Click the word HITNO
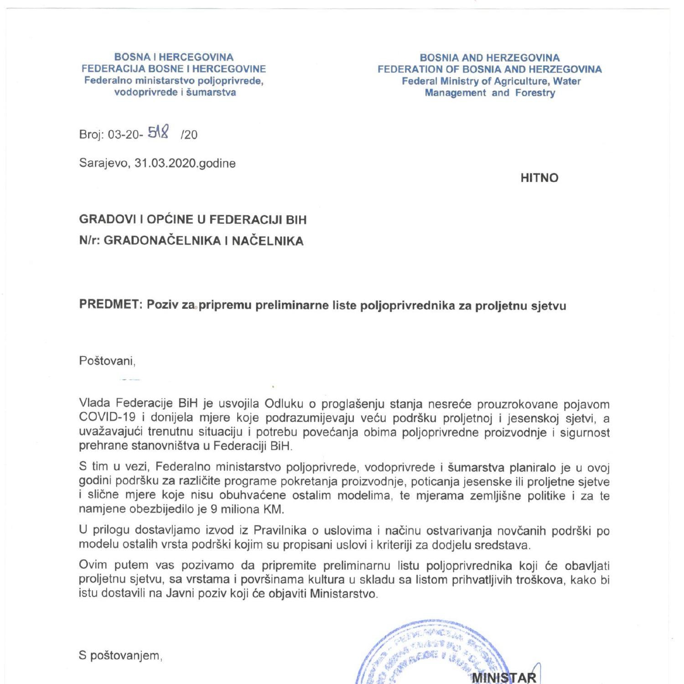coord(539,178)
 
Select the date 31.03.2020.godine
coord(185,163)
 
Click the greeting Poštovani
coord(107,361)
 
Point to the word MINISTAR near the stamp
coord(504,677)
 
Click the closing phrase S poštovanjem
coord(121,656)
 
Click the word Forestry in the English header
coord(535,93)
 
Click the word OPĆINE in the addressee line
coord(170,219)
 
